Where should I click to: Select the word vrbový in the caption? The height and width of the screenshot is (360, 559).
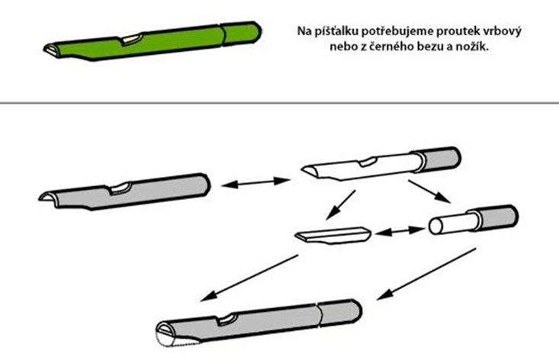click(502, 31)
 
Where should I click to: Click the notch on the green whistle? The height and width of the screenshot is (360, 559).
click(131, 39)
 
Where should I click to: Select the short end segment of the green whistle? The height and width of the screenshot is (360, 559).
click(241, 33)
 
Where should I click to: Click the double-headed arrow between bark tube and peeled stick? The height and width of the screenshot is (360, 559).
click(255, 182)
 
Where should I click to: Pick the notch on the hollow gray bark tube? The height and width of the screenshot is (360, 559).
click(120, 188)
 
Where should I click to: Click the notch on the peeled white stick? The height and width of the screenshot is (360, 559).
click(368, 162)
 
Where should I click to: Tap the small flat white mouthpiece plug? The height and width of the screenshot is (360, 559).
click(333, 235)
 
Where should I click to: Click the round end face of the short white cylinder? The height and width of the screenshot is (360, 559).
click(435, 226)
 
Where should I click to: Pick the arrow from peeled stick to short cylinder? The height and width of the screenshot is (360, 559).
click(429, 191)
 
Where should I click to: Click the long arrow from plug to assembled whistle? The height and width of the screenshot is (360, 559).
click(249, 278)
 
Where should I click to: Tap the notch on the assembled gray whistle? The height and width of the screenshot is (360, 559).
click(226, 320)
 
